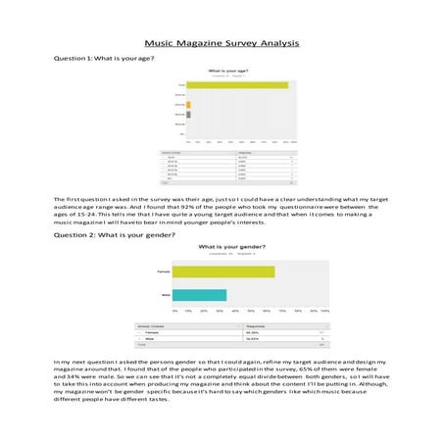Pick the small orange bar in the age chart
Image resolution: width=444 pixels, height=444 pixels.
pos(189,103)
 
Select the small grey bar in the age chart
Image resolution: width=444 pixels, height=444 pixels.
pos(188,114)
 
